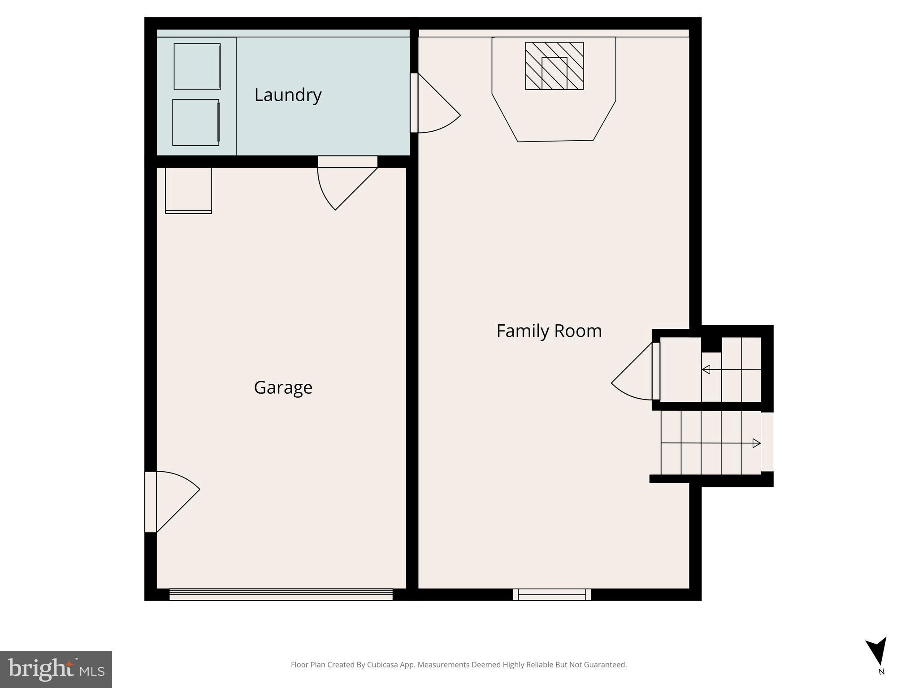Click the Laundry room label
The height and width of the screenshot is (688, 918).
click(x=288, y=95)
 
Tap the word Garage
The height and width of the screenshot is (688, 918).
click(x=283, y=387)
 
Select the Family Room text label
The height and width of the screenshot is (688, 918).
click(x=549, y=331)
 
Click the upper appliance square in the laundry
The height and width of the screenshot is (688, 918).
click(x=197, y=67)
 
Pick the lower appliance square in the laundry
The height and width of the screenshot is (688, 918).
click(x=196, y=122)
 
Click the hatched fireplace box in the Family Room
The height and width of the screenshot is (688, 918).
click(x=554, y=66)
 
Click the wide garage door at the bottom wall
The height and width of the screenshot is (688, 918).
click(x=281, y=594)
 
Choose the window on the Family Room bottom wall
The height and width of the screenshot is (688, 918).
click(x=552, y=594)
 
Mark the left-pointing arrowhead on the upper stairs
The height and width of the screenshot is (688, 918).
click(x=706, y=370)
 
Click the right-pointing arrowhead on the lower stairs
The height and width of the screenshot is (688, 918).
click(x=757, y=443)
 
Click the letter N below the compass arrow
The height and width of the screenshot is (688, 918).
click(x=881, y=672)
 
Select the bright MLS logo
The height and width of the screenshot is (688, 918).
click(x=56, y=669)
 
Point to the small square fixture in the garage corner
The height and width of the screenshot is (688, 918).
click(x=188, y=190)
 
